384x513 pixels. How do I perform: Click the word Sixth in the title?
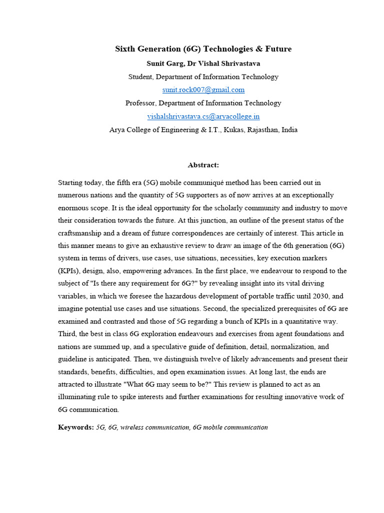(x=125, y=49)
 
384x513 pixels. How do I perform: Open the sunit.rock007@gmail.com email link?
(x=203, y=90)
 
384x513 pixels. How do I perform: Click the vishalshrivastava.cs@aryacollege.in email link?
(x=203, y=116)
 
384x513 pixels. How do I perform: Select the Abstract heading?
(x=203, y=165)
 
